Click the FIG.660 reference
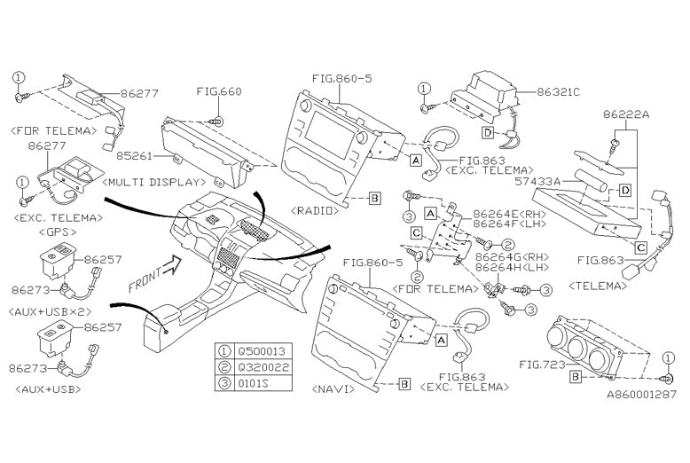(218, 91)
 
